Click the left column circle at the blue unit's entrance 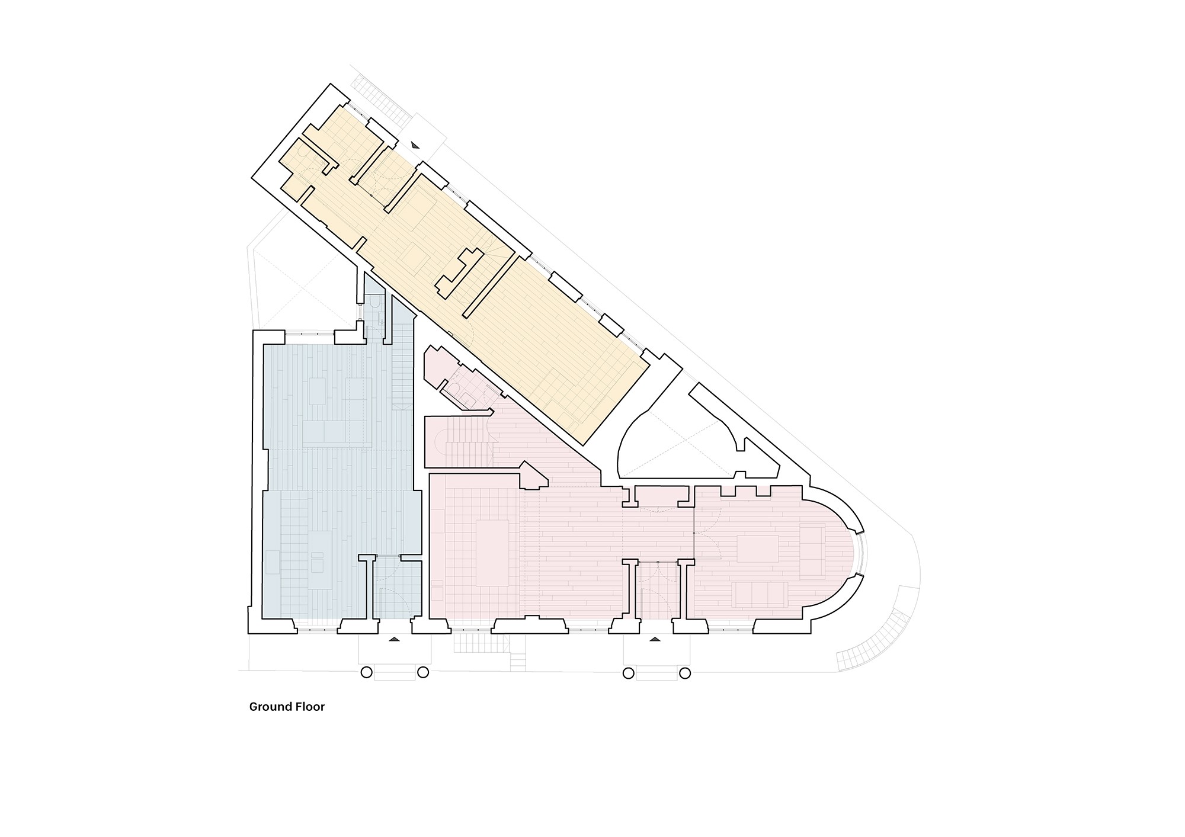point(366,672)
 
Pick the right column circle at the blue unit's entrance point(423,672)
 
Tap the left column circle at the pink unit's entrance point(628,673)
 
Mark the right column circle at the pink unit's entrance point(685,673)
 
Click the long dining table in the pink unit point(492,553)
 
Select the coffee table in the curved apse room point(758,549)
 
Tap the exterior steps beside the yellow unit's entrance point(379,101)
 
